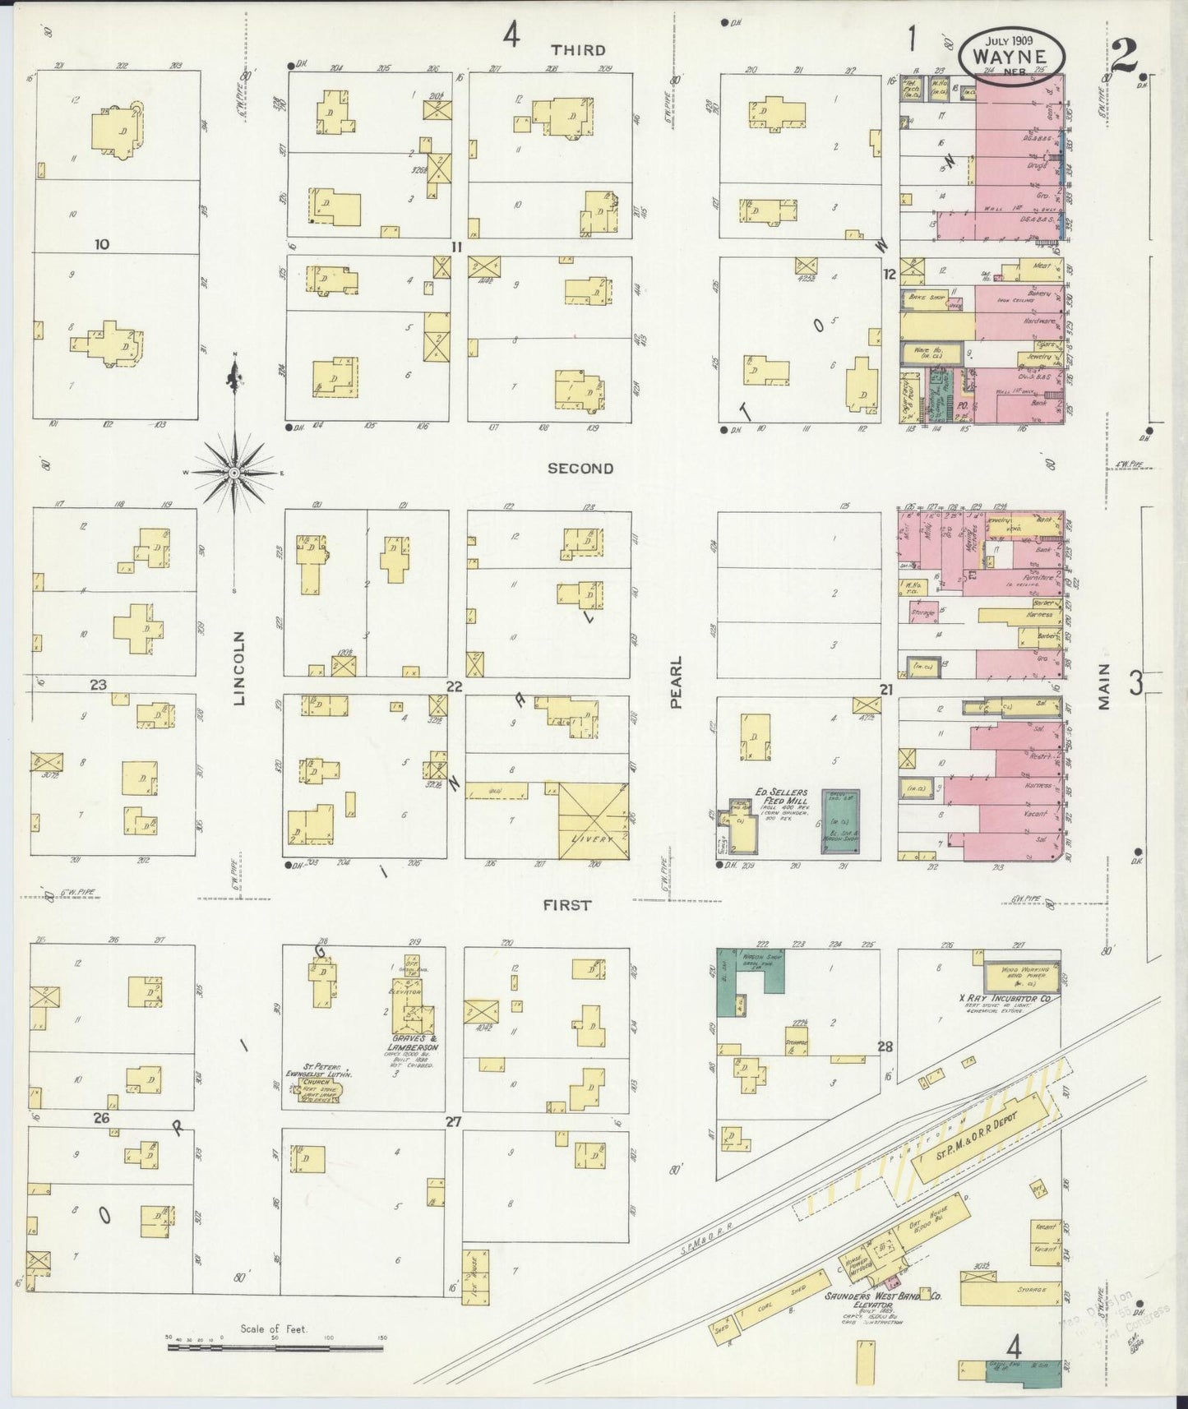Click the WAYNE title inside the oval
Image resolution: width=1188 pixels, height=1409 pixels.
(x=1010, y=57)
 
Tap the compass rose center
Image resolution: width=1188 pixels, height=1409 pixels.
(x=234, y=473)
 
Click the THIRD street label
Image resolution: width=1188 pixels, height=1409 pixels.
(x=579, y=50)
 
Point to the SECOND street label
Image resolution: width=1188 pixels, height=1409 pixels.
(x=580, y=468)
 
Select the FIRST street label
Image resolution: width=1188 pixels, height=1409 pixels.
(x=567, y=905)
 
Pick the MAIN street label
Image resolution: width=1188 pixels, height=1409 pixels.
(x=1103, y=686)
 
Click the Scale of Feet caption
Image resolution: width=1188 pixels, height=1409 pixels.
(x=273, y=1328)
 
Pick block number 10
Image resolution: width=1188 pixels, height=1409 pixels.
(x=102, y=244)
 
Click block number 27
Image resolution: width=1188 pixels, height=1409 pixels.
(x=453, y=1121)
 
